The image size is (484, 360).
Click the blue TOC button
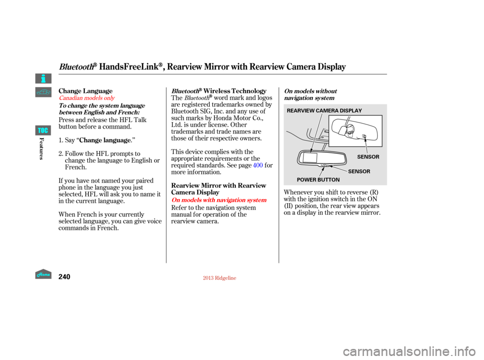[43, 130]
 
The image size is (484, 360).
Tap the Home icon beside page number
[43, 274]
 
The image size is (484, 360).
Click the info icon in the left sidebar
[43, 79]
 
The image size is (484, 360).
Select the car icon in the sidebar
[43, 92]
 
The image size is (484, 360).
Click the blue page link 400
[258, 165]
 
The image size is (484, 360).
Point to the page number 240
[64, 277]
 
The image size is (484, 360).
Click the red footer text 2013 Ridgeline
[219, 278]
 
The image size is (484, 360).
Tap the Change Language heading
[86, 91]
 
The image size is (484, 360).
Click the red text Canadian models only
[87, 98]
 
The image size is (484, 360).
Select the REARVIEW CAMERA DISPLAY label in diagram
[324, 110]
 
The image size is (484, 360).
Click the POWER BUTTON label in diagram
[318, 179]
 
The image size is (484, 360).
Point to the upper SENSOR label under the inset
[368, 157]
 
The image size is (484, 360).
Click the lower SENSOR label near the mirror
[359, 171]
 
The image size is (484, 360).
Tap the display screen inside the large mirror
[310, 157]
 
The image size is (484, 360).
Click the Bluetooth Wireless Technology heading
[219, 91]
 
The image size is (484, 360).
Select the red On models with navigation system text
[219, 200]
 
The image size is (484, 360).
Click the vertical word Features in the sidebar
[41, 149]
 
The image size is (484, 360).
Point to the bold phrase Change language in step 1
[105, 140]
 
